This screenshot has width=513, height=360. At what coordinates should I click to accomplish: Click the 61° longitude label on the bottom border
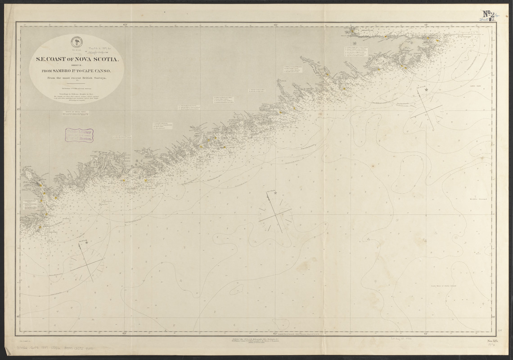425,333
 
